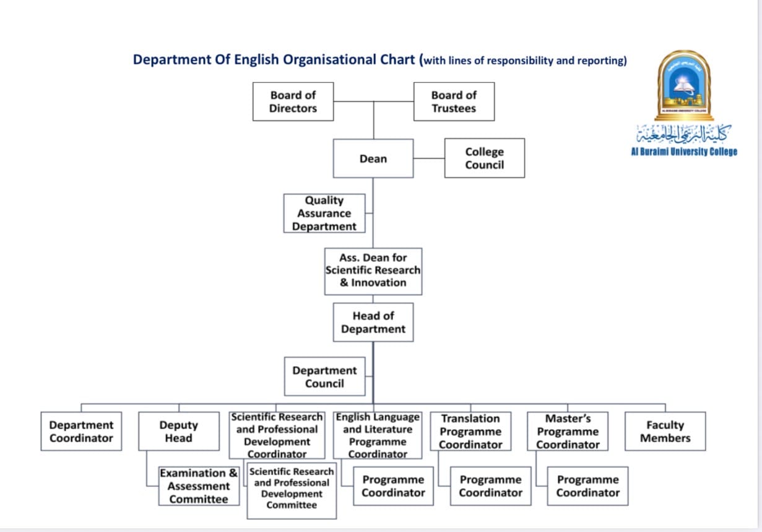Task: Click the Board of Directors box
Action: (x=293, y=102)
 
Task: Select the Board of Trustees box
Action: (x=454, y=102)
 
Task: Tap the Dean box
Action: (x=373, y=159)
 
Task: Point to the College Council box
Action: (x=484, y=158)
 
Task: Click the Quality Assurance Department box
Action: (x=324, y=213)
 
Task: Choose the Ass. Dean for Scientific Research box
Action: (x=373, y=271)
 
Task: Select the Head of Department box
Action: (x=373, y=322)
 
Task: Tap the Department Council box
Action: (x=324, y=377)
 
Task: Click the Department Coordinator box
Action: (x=81, y=431)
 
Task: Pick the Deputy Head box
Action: (x=178, y=431)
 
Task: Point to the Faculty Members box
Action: (x=665, y=431)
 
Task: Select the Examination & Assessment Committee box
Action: (x=199, y=486)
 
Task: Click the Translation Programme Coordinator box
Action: (x=470, y=431)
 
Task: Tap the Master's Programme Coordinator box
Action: (x=568, y=431)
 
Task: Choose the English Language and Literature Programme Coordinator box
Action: (x=378, y=435)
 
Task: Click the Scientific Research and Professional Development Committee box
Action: (x=292, y=490)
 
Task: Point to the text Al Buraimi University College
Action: (x=684, y=152)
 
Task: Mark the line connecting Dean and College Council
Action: (x=429, y=158)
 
